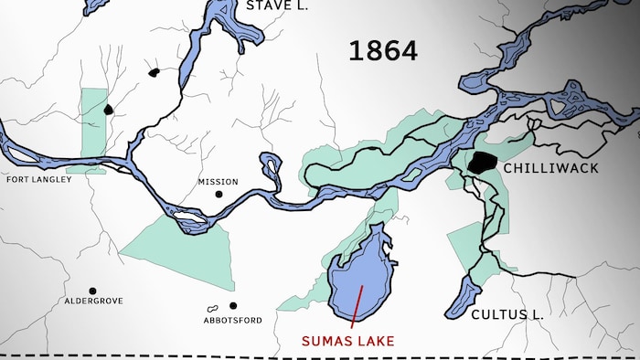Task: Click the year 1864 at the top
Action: click(x=382, y=51)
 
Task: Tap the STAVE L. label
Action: click(x=277, y=6)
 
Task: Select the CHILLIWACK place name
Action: click(x=552, y=168)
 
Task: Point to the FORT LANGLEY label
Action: click(x=38, y=179)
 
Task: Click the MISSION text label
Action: click(x=218, y=182)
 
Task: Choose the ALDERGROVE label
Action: click(x=93, y=301)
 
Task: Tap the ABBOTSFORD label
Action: click(x=232, y=320)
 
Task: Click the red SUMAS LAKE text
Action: click(x=348, y=341)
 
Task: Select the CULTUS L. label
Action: click(x=507, y=314)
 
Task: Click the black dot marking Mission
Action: click(x=219, y=195)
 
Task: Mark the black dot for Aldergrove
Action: click(x=92, y=291)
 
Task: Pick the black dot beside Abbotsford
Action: click(x=233, y=306)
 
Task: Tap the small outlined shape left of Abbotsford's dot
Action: click(x=213, y=308)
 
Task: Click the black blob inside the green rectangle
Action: click(x=108, y=110)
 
